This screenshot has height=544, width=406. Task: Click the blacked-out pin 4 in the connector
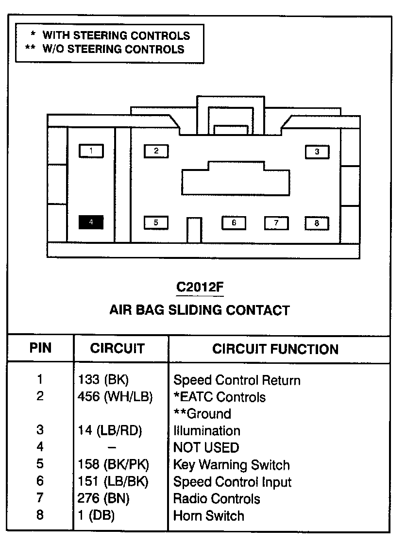tap(91, 222)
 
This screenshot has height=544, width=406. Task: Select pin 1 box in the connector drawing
tap(91, 151)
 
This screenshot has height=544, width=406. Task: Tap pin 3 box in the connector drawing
tap(317, 152)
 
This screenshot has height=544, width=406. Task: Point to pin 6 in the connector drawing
tap(234, 222)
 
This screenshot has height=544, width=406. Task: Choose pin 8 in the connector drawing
tap(317, 223)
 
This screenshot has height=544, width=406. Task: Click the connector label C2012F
tap(200, 288)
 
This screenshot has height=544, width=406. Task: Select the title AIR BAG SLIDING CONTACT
tap(200, 310)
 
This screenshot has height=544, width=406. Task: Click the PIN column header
tap(40, 348)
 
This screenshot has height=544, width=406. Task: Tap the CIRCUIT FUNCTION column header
tap(275, 349)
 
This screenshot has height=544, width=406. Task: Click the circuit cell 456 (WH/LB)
tap(115, 397)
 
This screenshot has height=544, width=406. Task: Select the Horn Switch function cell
tap(209, 515)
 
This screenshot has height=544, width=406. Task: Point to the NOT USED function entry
tap(206, 447)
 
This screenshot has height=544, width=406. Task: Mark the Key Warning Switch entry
tap(231, 465)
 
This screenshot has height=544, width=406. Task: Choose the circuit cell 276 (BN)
tap(103, 499)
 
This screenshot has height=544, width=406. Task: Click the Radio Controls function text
tap(217, 499)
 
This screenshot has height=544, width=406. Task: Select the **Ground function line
tap(202, 414)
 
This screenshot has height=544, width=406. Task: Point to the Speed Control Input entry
tap(232, 482)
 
